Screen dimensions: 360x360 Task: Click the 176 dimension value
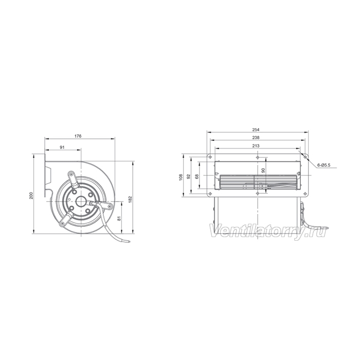point(78,136)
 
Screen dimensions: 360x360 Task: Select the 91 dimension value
point(62,148)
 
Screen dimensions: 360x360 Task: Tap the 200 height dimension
point(32,195)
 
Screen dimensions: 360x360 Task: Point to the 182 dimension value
point(131,200)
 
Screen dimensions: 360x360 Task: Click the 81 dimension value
point(119,219)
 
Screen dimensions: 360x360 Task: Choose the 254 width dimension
point(256,130)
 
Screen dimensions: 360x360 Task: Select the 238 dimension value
point(256,138)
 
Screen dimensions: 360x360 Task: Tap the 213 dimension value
point(256,146)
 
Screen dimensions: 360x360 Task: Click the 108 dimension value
point(181,177)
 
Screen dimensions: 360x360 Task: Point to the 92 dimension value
point(189,176)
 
